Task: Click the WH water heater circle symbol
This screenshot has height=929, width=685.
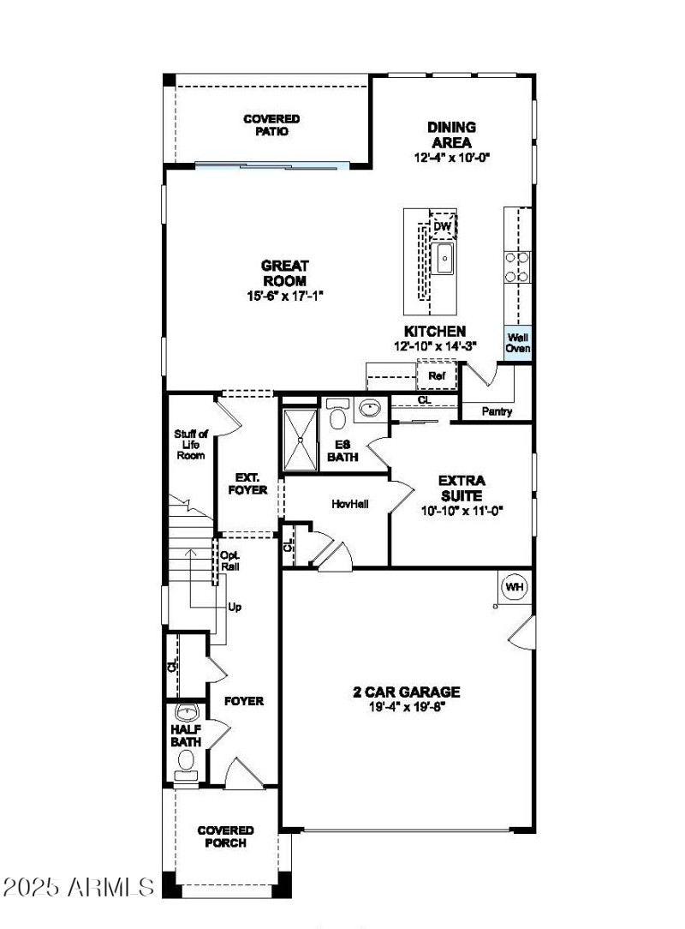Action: pyautogui.click(x=514, y=587)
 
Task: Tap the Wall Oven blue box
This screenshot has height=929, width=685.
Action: pyautogui.click(x=518, y=343)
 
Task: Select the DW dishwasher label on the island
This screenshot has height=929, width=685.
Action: pyautogui.click(x=442, y=226)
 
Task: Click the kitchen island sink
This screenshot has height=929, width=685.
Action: pyautogui.click(x=444, y=258)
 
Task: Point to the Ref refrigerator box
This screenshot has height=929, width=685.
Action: pyautogui.click(x=437, y=376)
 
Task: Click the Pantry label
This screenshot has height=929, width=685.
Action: pyautogui.click(x=497, y=412)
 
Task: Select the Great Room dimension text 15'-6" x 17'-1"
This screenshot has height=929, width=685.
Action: pyautogui.click(x=285, y=296)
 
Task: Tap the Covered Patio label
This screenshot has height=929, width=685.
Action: pyautogui.click(x=271, y=125)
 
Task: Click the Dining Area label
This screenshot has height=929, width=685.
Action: pyautogui.click(x=451, y=135)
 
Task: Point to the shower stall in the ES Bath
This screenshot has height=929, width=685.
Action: pyautogui.click(x=300, y=439)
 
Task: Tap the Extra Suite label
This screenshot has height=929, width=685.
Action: pyautogui.click(x=462, y=488)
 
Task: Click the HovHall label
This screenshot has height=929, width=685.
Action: pyautogui.click(x=350, y=504)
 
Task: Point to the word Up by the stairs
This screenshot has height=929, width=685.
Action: pyautogui.click(x=235, y=607)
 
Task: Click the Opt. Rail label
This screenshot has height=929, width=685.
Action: pyautogui.click(x=230, y=560)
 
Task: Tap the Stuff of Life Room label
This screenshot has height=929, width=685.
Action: pyautogui.click(x=191, y=445)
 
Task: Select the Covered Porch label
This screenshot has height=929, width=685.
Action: pyautogui.click(x=225, y=836)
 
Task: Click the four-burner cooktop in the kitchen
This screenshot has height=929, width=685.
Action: pyautogui.click(x=518, y=266)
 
